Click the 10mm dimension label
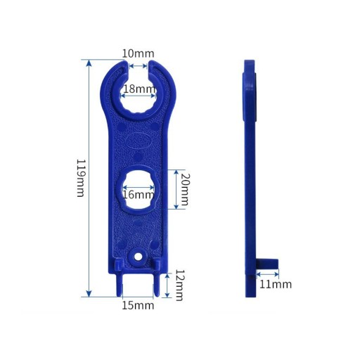pos(138,53)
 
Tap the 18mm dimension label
pos(139,89)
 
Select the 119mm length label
pos(81,178)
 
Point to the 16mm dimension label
pos(139,195)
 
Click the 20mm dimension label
pos(184,189)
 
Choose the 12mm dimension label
pos(180,285)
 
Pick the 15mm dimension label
pos(138,305)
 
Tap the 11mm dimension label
pos(276,284)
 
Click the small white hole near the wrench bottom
pos(138,257)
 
